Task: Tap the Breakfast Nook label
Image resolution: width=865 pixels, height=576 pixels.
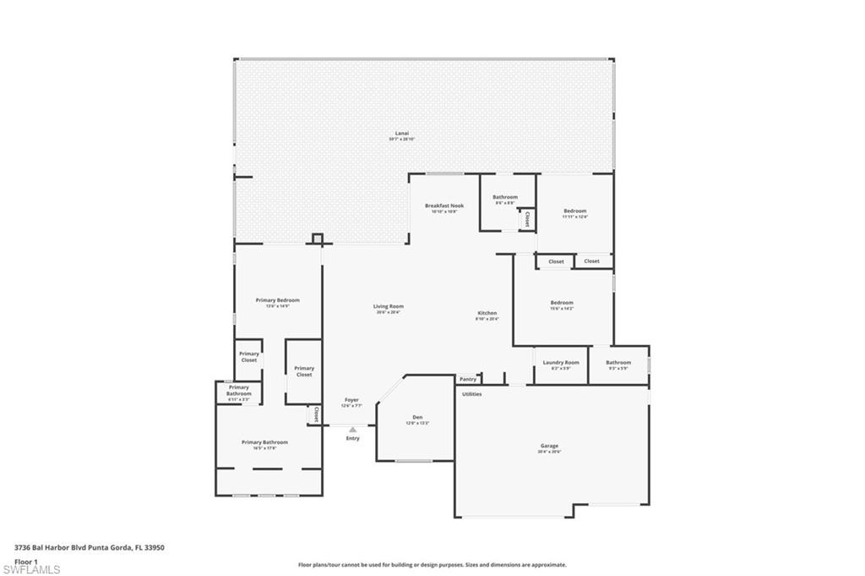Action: (444, 206)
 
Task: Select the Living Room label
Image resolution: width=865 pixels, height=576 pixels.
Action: (389, 306)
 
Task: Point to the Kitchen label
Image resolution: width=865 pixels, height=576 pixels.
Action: (487, 313)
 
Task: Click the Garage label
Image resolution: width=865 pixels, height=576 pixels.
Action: (549, 446)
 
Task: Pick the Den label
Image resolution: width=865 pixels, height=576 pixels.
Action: (417, 417)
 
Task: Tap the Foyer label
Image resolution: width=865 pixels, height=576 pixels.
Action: (351, 400)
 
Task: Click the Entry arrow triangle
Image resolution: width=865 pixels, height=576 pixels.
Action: (352, 430)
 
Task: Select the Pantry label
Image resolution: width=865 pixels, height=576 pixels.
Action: (468, 379)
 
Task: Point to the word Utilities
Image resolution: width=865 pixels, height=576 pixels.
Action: (471, 394)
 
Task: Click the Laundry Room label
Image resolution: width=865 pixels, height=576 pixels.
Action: (561, 362)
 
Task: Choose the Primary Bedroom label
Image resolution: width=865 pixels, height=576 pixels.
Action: (277, 300)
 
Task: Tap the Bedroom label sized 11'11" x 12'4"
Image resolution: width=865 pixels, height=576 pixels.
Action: (574, 211)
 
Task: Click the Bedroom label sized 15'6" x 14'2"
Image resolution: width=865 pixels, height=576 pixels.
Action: (562, 303)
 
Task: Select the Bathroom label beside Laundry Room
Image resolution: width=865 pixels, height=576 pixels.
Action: (618, 362)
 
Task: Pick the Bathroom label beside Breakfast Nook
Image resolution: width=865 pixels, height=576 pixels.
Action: (505, 197)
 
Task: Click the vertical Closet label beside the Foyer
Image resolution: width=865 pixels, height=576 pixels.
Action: (316, 414)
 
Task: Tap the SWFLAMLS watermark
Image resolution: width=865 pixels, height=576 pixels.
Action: (31, 569)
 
